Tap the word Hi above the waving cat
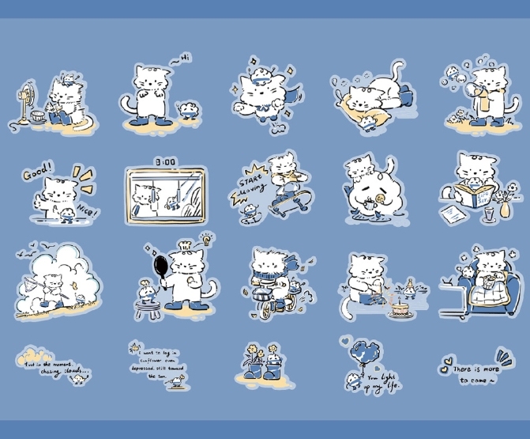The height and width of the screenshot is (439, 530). tap(184, 57)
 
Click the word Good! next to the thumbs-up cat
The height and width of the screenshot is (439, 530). tap(37, 172)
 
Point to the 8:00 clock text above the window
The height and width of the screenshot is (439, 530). tap(165, 161)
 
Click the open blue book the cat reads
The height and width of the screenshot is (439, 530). tap(479, 196)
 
